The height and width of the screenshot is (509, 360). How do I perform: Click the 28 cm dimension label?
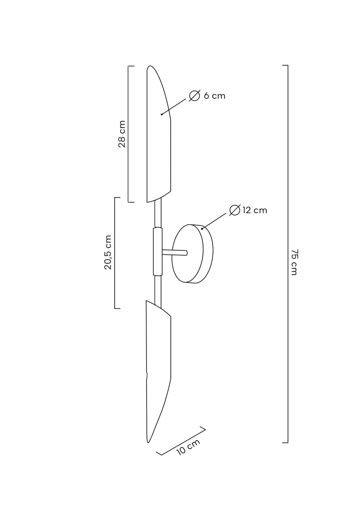(122, 134)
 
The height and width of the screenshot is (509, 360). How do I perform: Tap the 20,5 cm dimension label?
(108, 252)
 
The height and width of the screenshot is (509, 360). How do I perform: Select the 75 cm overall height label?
(294, 262)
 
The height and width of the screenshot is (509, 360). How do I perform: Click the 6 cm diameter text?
(215, 96)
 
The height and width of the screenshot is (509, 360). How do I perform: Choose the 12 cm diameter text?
(255, 210)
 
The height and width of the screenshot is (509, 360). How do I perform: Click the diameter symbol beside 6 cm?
(195, 96)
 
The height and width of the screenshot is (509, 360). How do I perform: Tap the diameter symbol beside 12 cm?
(235, 210)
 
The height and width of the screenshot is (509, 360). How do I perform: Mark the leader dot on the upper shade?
(162, 114)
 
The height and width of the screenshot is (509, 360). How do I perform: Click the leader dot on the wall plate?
(202, 229)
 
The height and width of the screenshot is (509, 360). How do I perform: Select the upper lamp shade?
(159, 134)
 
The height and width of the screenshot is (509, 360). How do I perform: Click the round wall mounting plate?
(193, 254)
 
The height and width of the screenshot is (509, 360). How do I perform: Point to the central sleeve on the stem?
(158, 252)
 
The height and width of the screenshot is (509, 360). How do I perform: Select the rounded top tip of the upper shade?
(150, 66)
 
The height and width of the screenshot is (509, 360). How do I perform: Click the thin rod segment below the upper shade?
(158, 213)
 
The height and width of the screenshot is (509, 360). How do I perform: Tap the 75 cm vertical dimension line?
(288, 254)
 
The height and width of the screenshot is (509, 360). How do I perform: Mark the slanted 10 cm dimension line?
(181, 442)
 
